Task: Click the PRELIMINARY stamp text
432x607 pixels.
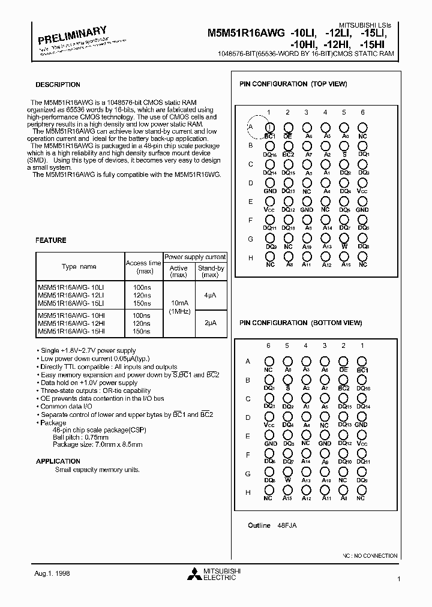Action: coord(73,37)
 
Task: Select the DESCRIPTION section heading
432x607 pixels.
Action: coord(58,85)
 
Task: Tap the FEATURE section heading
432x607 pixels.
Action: coord(50,240)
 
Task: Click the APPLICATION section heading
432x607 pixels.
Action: coord(58,461)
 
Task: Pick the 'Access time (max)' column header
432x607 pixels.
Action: coord(143,267)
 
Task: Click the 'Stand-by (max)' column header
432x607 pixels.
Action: coord(211,272)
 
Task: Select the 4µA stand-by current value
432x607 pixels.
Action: coord(210,295)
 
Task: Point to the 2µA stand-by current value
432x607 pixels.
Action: coord(210,323)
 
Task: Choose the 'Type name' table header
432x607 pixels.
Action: coord(79,267)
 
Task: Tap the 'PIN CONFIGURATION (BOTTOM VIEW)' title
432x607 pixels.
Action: coord(301,323)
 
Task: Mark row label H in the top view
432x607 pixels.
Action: coord(251,258)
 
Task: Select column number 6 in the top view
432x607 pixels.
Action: coord(362,112)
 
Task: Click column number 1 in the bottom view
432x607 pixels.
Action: coord(362,345)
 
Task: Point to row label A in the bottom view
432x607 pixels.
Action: coord(248,361)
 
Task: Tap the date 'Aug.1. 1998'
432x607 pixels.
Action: coord(53,573)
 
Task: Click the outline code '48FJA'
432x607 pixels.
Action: coord(287,525)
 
